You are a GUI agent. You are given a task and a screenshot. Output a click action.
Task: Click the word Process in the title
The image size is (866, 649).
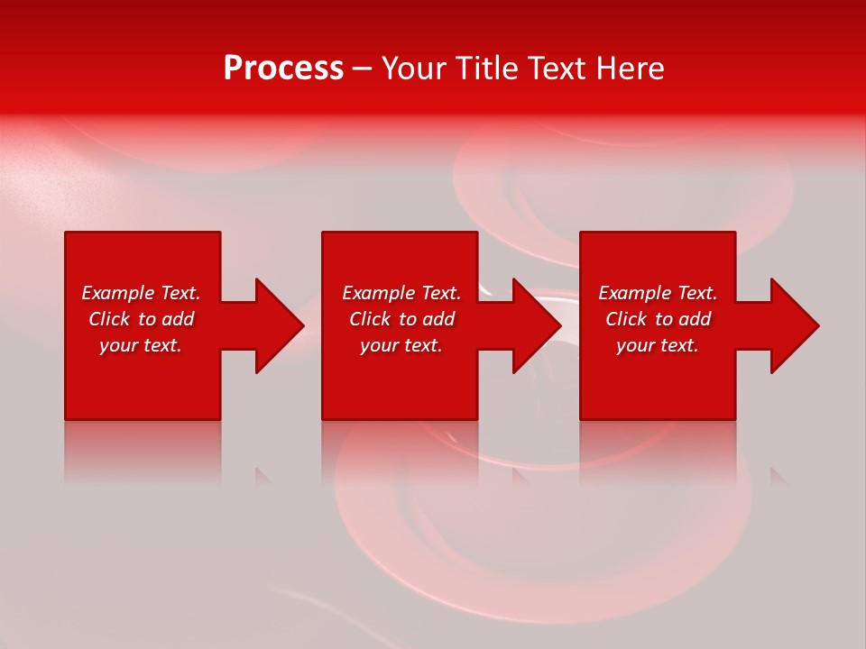pyautogui.click(x=283, y=69)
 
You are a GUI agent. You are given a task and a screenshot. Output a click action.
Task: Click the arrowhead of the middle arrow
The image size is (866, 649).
pyautogui.click(x=536, y=325)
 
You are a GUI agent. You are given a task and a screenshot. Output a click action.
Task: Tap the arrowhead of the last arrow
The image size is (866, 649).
pyautogui.click(x=794, y=325)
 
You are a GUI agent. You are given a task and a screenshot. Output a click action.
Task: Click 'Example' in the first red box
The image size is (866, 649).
pyautogui.click(x=118, y=293)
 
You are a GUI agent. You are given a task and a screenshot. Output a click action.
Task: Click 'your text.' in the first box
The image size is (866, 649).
pyautogui.click(x=141, y=345)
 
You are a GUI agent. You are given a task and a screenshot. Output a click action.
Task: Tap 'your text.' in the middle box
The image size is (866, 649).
pyautogui.click(x=401, y=345)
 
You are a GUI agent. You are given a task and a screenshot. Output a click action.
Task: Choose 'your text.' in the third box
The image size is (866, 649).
pyautogui.click(x=658, y=345)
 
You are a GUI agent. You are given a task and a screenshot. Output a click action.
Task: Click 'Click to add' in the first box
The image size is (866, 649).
pyautogui.click(x=142, y=319)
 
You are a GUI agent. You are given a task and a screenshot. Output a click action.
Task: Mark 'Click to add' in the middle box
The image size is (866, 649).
pyautogui.click(x=401, y=319)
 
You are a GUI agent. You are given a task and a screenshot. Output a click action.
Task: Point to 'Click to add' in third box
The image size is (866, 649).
pyautogui.click(x=659, y=319)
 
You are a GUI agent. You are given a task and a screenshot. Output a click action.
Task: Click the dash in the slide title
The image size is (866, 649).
pyautogui.click(x=362, y=69)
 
